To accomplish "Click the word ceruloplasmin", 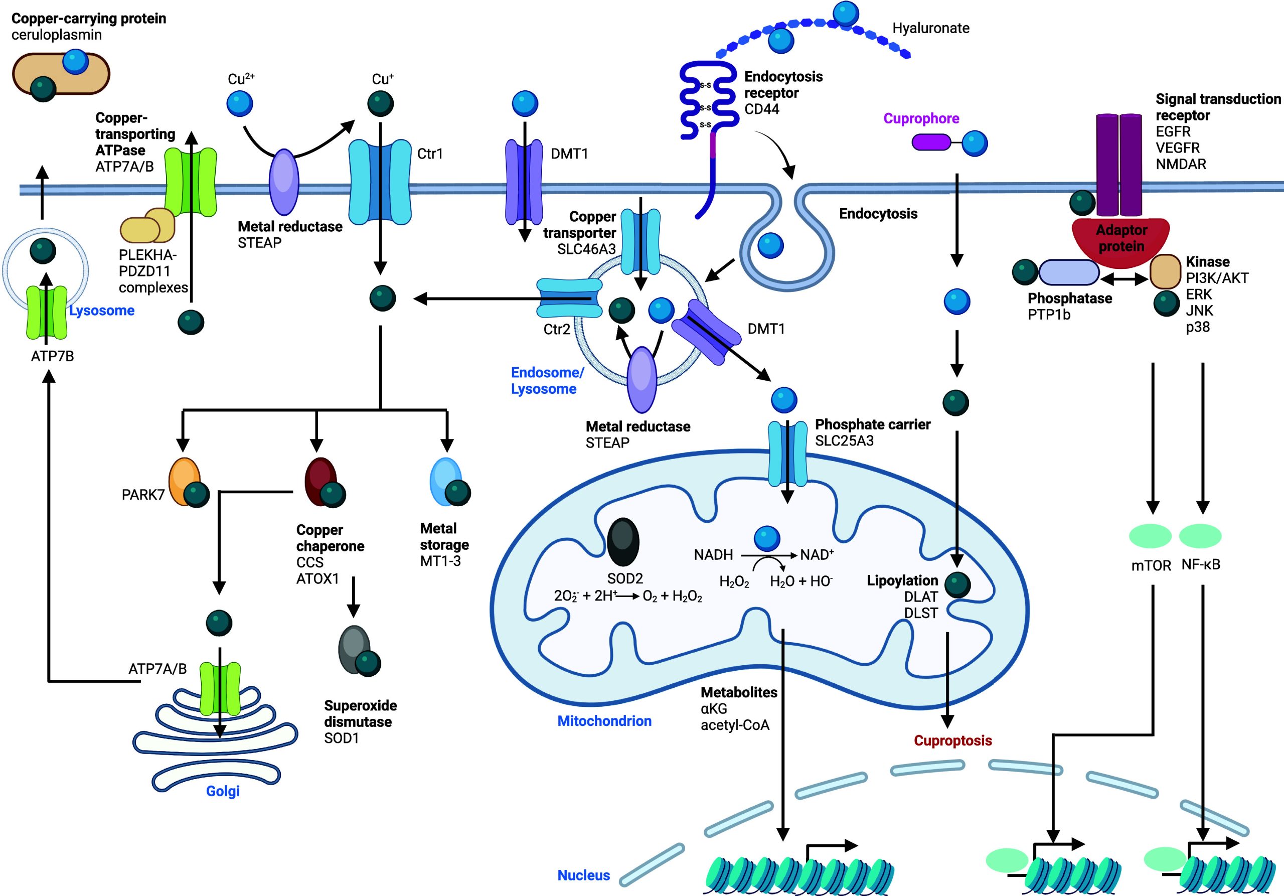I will click(57, 35).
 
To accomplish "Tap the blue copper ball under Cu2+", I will click(239, 103).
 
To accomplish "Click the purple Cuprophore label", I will click(921, 118).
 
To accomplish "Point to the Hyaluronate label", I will click(930, 28).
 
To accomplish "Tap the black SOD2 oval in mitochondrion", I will click(623, 541).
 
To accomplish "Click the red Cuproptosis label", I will click(952, 740).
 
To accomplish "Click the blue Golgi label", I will click(223, 791).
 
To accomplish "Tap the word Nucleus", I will click(583, 875).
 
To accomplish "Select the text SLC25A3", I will click(844, 441).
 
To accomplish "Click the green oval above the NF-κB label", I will click(1200, 535).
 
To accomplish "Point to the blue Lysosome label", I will click(102, 311).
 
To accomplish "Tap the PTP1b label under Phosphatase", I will click(1049, 315).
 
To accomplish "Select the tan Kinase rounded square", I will click(1165, 272).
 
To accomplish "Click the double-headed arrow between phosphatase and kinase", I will click(1124, 278).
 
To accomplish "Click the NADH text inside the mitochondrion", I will click(713, 555).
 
